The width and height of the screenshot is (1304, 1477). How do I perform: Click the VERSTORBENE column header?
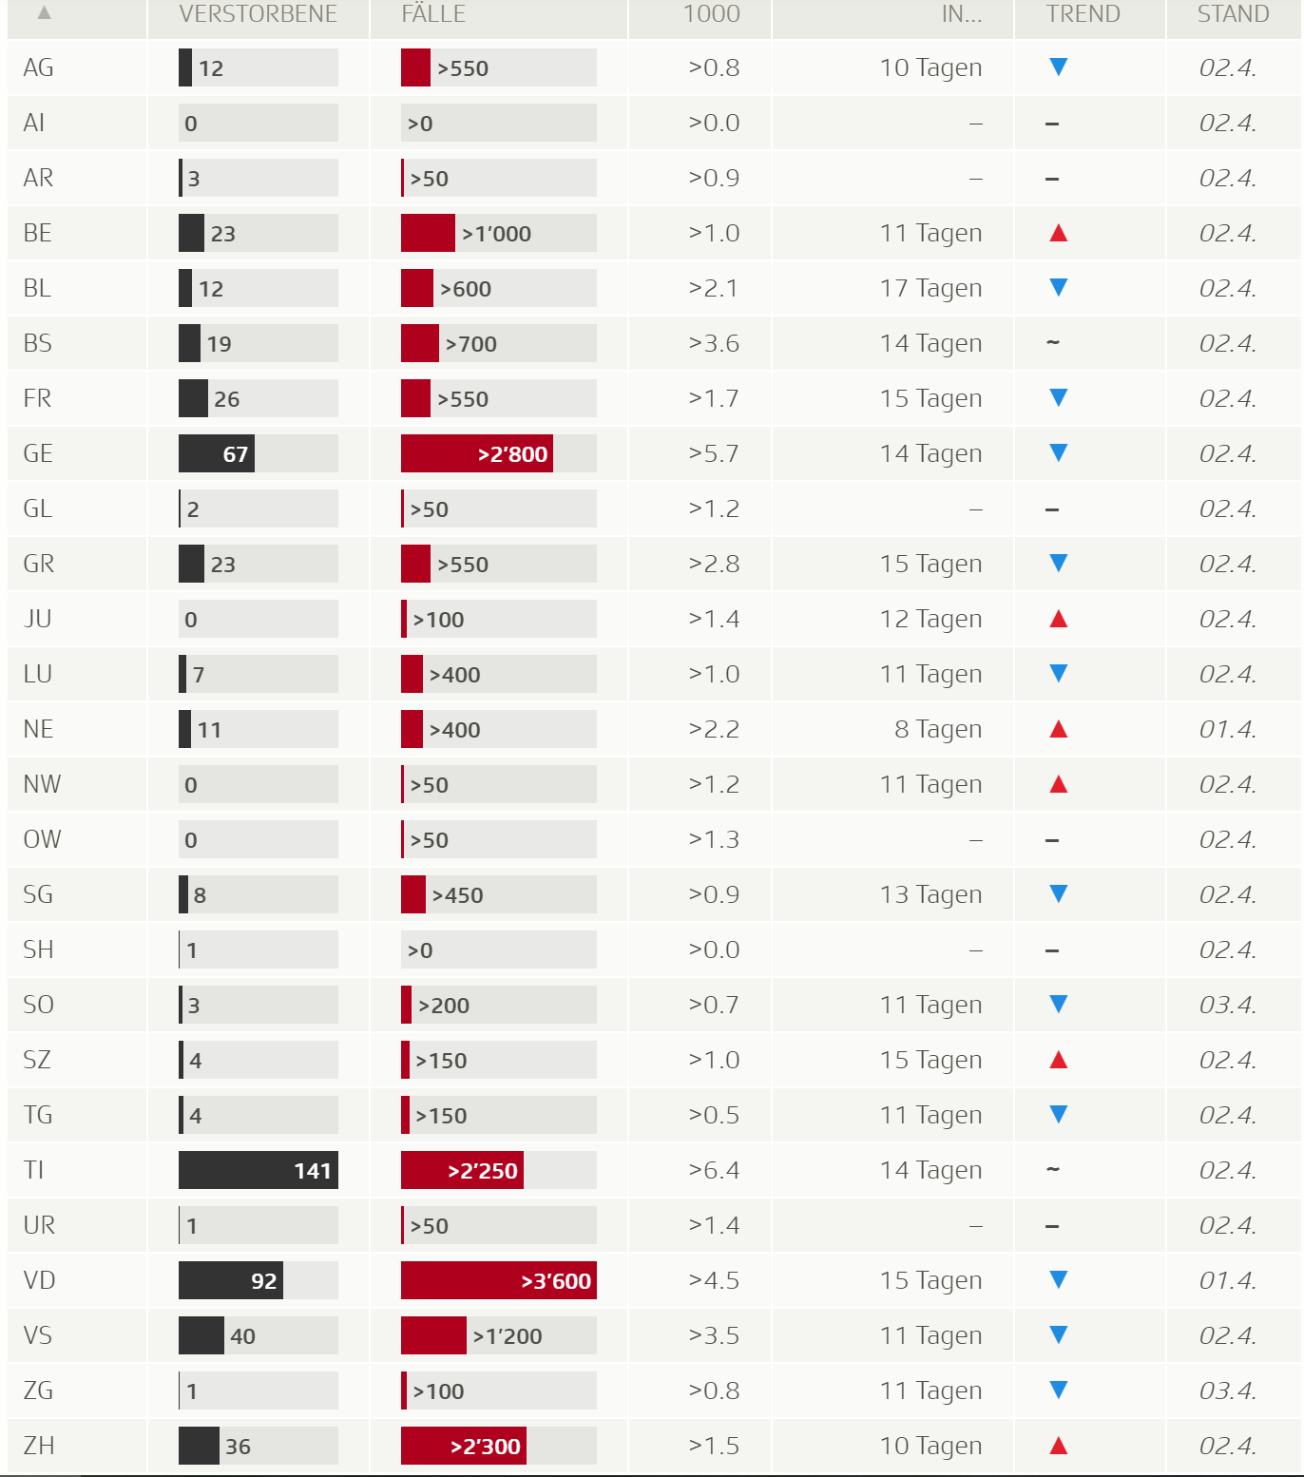coord(258,14)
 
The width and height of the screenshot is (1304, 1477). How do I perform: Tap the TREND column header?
coord(1083,14)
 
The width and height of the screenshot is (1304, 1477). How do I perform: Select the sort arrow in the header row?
coord(44,13)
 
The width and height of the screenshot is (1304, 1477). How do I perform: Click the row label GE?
coord(38,453)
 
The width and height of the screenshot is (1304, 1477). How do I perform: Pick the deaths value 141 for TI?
coord(312,1171)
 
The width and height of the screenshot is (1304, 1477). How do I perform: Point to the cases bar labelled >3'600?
coord(499,1281)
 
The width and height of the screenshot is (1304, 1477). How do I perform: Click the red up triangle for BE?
coord(1058,233)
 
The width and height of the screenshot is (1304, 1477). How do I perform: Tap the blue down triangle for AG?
coord(1058,67)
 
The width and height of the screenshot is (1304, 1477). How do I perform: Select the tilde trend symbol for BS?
coord(1052,342)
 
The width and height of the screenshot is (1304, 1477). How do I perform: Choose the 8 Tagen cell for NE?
coord(937,729)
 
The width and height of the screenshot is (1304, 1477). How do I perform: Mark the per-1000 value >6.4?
coord(713,1170)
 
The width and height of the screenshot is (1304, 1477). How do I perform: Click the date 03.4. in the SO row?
coord(1227,1005)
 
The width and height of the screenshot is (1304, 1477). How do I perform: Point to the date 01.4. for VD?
coord(1227,1280)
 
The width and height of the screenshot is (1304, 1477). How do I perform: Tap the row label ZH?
coord(38,1446)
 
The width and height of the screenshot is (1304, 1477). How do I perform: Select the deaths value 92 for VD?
coord(263,1281)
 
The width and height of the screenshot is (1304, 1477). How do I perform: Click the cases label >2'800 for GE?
coord(512,454)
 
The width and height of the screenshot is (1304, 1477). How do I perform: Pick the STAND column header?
coord(1233,14)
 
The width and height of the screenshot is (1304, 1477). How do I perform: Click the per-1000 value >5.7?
coord(713,453)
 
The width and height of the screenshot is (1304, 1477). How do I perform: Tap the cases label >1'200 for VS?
coord(508,1336)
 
